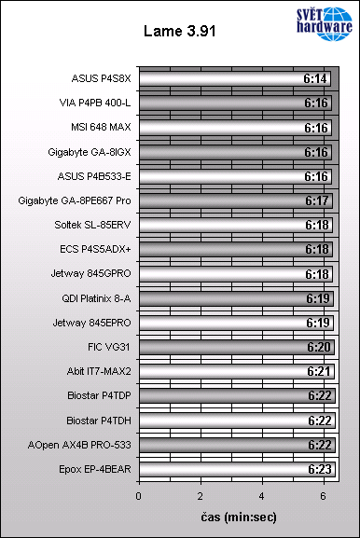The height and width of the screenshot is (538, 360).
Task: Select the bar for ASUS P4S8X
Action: pyautogui.click(x=233, y=79)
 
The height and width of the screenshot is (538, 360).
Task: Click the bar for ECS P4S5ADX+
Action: pyautogui.click(x=233, y=249)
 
